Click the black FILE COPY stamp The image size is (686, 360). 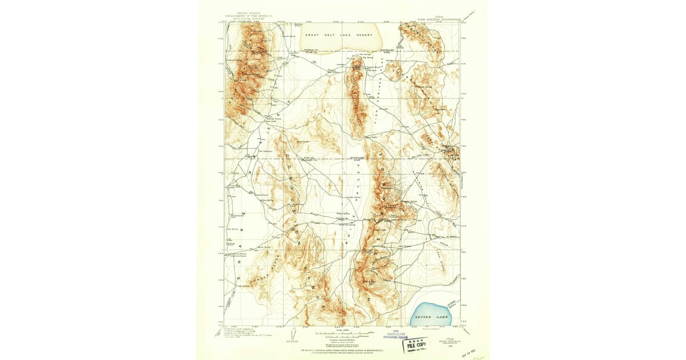(x=416, y=345)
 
